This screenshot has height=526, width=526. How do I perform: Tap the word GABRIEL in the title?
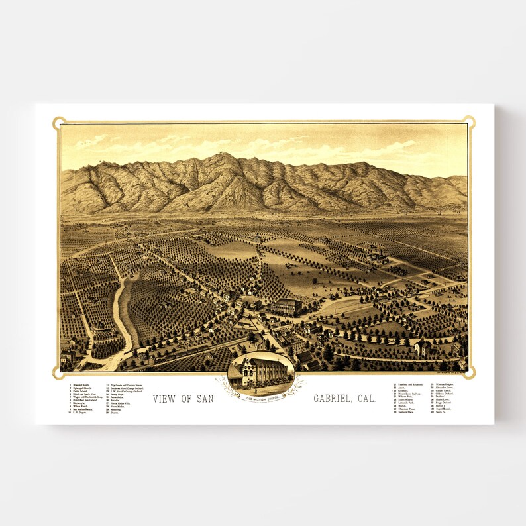coord(335,399)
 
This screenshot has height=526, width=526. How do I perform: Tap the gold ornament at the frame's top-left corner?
coord(59,122)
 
